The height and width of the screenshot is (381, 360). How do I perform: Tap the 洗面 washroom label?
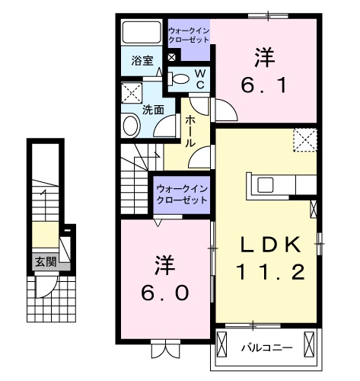(153, 109)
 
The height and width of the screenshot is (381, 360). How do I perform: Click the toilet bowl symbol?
(180, 78)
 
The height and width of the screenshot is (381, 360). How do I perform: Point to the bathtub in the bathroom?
(142, 33)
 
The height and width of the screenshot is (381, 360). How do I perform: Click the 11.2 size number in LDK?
(270, 271)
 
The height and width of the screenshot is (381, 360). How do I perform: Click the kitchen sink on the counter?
(266, 185)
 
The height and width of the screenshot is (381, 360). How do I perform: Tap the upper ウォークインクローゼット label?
(190, 35)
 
